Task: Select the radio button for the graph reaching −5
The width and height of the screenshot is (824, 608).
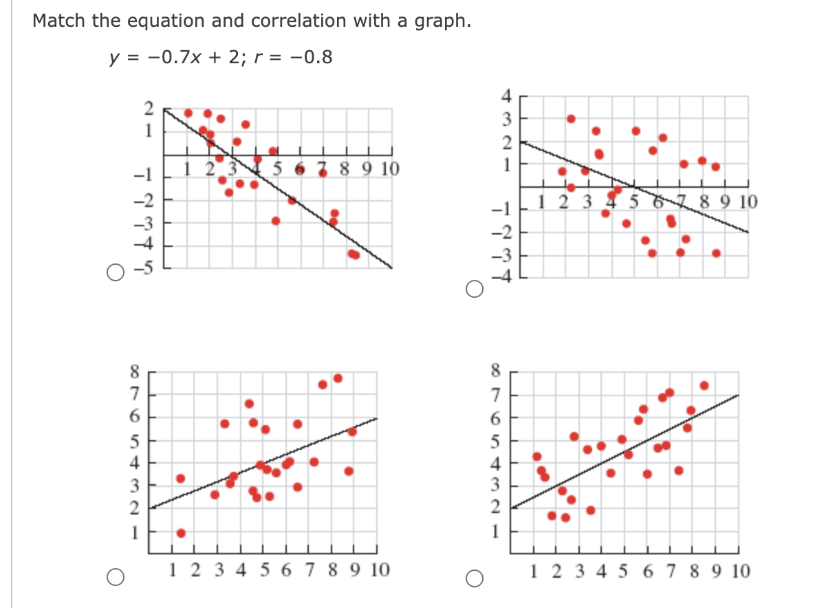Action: (x=115, y=273)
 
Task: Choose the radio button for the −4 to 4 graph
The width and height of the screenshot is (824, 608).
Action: (x=474, y=290)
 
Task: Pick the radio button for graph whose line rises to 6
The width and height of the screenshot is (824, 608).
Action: (x=115, y=576)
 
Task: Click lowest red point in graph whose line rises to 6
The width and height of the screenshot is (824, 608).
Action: (x=181, y=533)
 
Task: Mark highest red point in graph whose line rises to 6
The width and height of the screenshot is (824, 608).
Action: (x=338, y=378)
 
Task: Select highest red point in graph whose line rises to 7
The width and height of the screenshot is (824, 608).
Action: (x=704, y=386)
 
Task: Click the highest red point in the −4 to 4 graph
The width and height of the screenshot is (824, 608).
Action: (x=571, y=118)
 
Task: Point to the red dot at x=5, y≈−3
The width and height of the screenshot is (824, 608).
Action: (x=276, y=221)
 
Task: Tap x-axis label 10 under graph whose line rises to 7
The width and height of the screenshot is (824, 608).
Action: (x=740, y=570)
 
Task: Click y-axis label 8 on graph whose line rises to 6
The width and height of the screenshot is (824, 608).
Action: (x=135, y=372)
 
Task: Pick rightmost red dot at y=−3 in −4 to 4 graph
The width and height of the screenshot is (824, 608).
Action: (x=716, y=253)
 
